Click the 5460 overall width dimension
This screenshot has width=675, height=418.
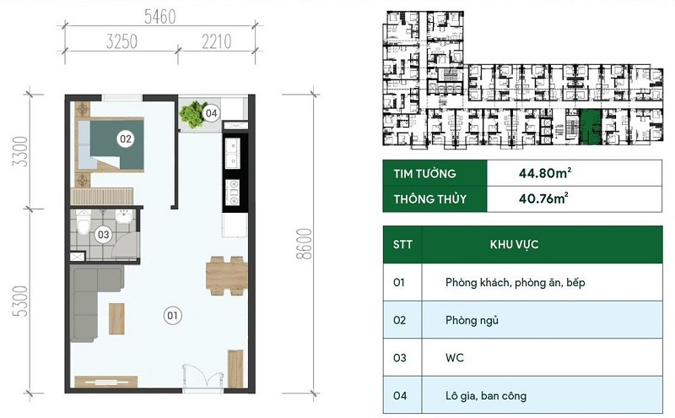tap(159, 17)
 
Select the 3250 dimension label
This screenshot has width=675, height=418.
tap(121, 42)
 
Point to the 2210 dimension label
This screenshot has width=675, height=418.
tap(217, 42)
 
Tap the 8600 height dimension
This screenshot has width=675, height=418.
tap(304, 243)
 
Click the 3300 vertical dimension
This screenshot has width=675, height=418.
tap(20, 151)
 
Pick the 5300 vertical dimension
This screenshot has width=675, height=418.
tap(20, 301)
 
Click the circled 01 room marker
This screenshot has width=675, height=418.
tap(173, 316)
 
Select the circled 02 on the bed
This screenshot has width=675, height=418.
tap(125, 138)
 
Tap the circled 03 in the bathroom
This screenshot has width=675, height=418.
tap(103, 235)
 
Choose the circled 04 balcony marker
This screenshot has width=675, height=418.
tap(211, 113)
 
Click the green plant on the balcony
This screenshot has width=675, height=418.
tap(192, 114)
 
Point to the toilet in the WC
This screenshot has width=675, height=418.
tap(83, 221)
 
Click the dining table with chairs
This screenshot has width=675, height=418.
tap(226, 276)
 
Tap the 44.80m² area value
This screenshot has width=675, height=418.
tap(544, 173)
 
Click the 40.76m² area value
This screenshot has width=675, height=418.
tap(543, 198)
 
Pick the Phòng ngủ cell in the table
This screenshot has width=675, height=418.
tap(472, 320)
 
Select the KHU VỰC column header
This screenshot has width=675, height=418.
tap(514, 244)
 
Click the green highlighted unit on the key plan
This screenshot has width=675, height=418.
tap(590, 127)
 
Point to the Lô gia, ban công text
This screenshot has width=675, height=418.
tap(486, 395)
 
